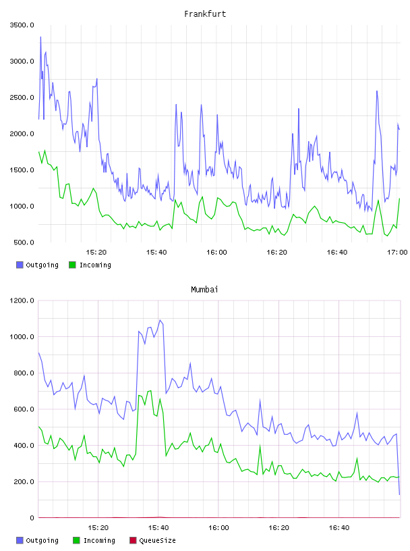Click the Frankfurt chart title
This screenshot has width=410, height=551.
click(205, 14)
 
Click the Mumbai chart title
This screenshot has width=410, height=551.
click(204, 290)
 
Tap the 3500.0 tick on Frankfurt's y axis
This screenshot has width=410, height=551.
click(22, 25)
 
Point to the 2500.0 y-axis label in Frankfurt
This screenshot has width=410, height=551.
click(22, 97)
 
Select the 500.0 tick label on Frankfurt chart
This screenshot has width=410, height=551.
click(24, 242)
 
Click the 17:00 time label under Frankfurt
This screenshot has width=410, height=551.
click(397, 253)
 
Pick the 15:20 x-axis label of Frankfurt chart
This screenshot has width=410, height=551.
click(96, 253)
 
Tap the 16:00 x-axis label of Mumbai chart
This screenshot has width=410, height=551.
click(218, 528)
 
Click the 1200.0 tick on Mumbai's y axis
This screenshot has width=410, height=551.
click(22, 300)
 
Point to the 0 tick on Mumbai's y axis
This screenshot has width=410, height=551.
click(32, 518)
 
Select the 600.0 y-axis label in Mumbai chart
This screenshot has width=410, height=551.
click(24, 409)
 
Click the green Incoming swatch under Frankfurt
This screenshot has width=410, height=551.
click(72, 265)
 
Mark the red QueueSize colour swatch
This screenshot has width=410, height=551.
click(133, 540)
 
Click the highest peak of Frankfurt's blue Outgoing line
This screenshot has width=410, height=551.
click(40, 37)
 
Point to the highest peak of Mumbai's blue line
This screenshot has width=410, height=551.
click(160, 320)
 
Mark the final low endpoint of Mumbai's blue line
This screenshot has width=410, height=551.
click(399, 494)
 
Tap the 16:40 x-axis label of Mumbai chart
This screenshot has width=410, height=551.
click(339, 528)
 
